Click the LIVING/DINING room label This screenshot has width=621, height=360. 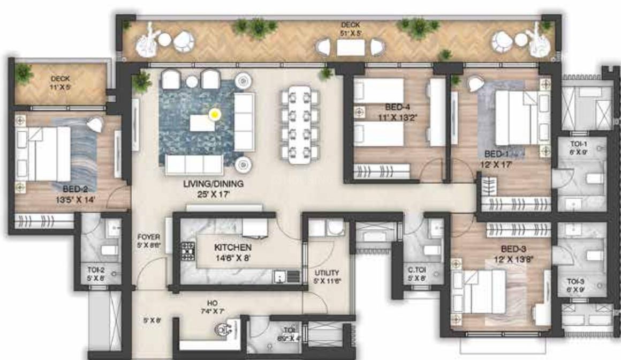pyautogui.click(x=213, y=184)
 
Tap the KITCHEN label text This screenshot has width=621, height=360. pyautogui.click(x=233, y=248)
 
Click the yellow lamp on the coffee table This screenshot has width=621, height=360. pyautogui.click(x=215, y=114)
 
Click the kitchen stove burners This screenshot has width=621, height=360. pyautogui.click(x=188, y=250)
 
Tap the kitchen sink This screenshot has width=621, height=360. pyautogui.click(x=280, y=276)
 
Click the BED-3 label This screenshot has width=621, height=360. pyautogui.click(x=513, y=249)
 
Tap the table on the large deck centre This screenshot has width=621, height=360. pyautogui.click(x=351, y=48)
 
